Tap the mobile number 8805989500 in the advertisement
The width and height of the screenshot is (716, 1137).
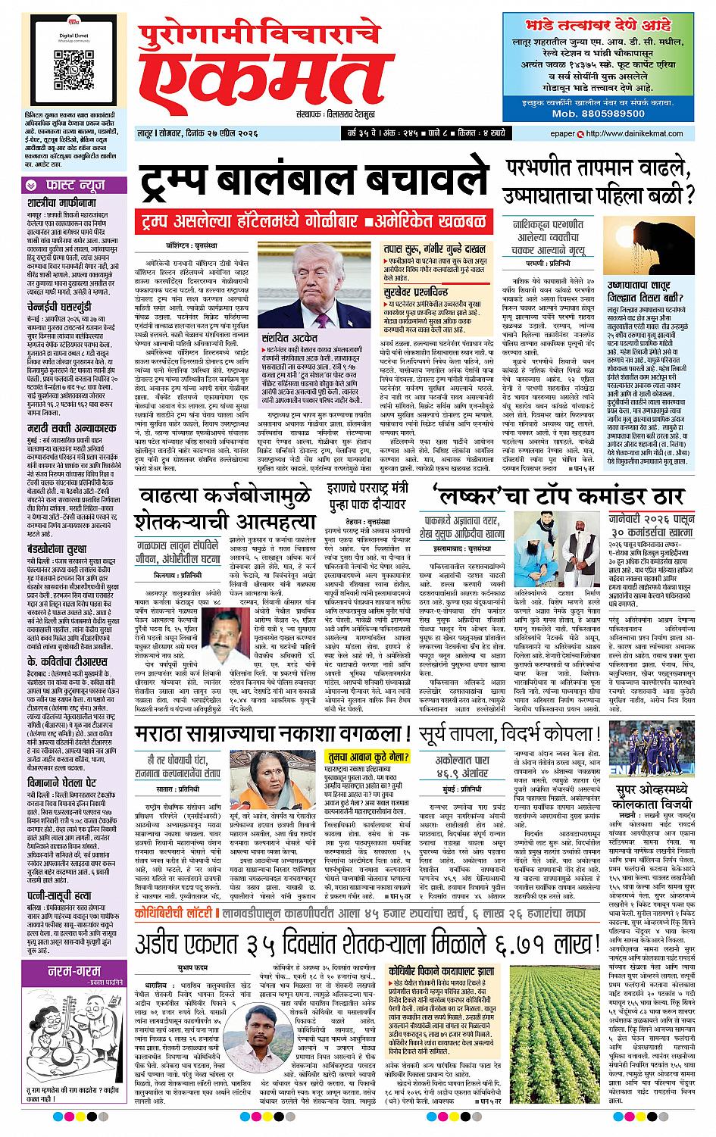(x=605, y=112)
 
